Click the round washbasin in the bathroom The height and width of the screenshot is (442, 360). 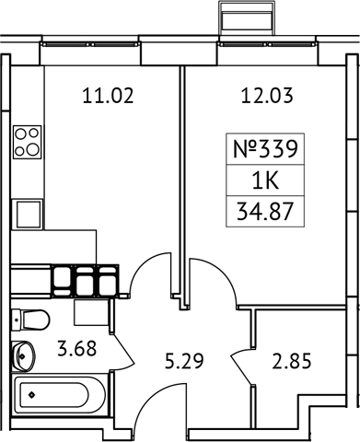click(x=24, y=355)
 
